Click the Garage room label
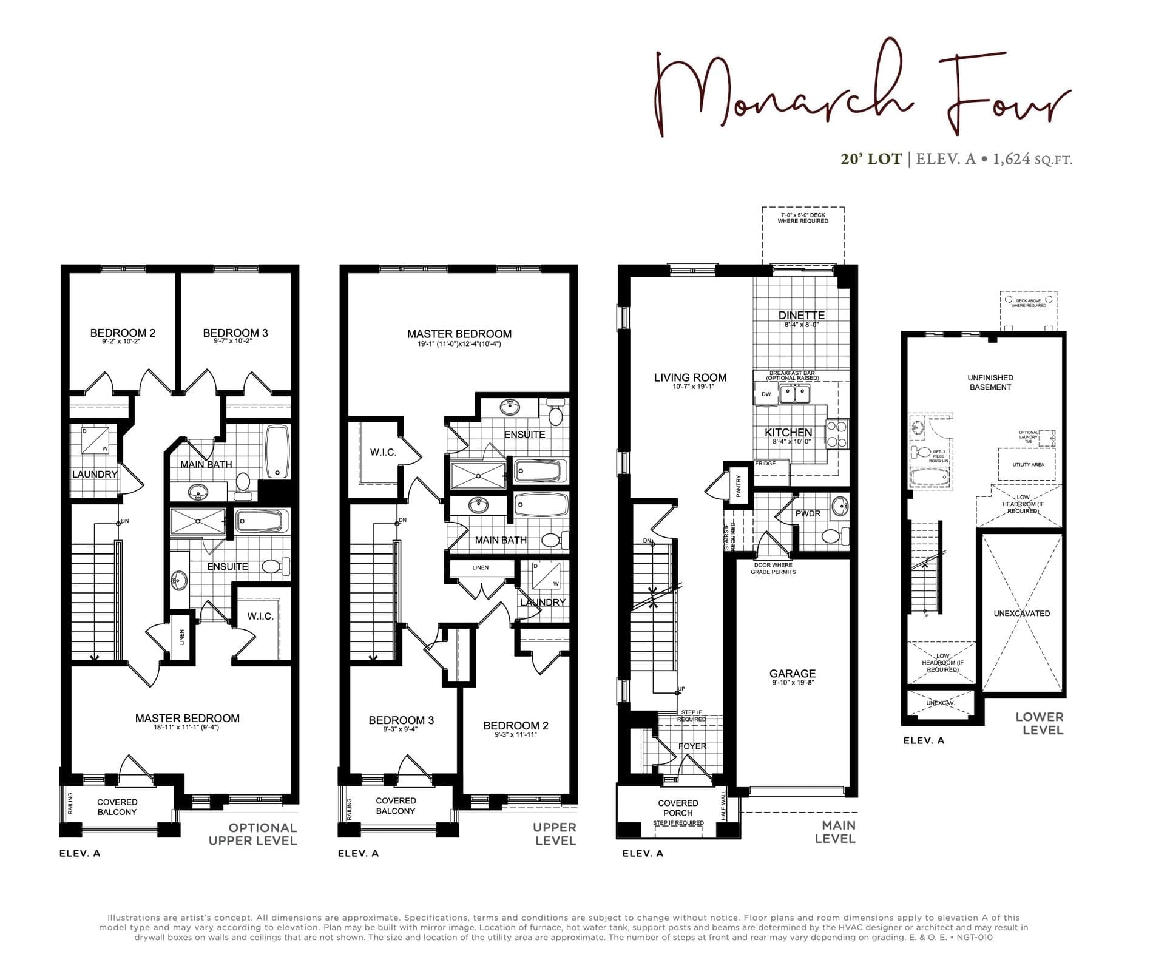point(792,674)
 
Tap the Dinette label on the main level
point(801,315)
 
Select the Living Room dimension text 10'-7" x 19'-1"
point(690,387)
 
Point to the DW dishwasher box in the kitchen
point(766,394)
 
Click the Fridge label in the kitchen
point(765,464)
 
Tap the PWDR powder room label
point(808,513)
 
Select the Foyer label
point(692,746)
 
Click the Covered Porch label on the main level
point(678,808)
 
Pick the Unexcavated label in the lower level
point(1021,614)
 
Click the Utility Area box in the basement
point(1028,465)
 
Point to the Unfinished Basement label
point(990,382)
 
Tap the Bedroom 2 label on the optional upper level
point(123,333)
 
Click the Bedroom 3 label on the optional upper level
point(235,333)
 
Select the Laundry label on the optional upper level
point(95,474)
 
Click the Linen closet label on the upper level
point(480,567)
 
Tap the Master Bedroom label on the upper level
point(459,334)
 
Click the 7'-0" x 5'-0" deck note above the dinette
point(802,218)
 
